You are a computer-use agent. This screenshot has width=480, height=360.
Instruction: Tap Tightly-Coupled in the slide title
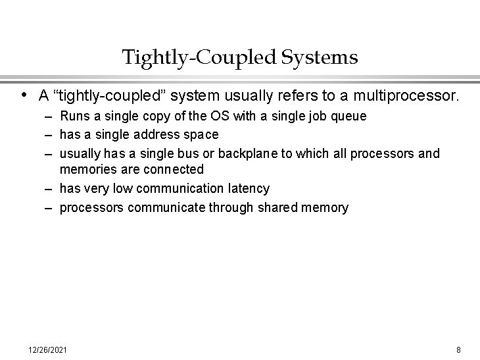coord(199,58)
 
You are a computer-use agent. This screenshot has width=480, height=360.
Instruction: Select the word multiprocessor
coord(406,96)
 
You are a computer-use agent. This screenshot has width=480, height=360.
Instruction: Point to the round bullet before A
coord(24,95)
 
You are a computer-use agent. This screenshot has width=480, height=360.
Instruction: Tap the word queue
coord(349,116)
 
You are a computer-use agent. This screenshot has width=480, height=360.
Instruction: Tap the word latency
coord(247,189)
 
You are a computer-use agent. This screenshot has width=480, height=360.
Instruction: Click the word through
coord(226,208)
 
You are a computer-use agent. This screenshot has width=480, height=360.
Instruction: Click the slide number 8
coord(458,349)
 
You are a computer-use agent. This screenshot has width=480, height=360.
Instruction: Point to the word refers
coord(299,96)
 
